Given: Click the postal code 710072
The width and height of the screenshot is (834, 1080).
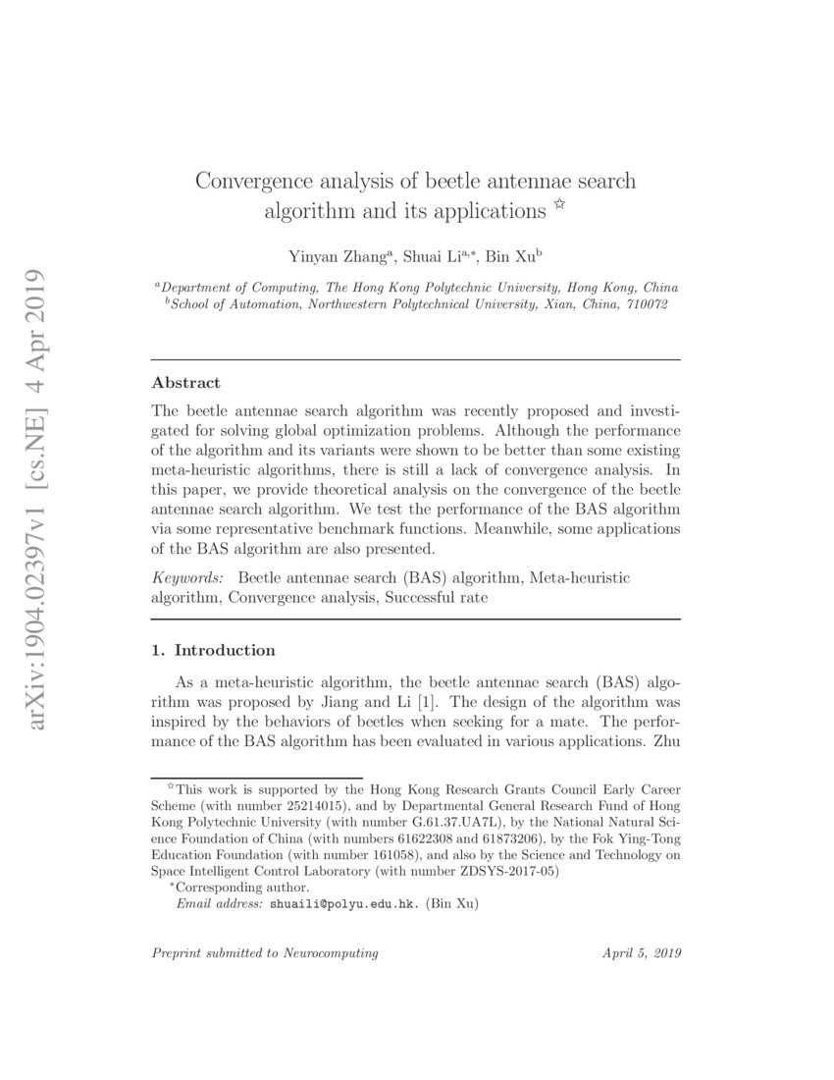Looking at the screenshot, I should click(x=644, y=304).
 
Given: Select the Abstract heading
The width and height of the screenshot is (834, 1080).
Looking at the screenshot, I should click(x=186, y=383).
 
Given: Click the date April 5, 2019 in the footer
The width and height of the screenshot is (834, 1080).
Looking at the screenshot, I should click(x=642, y=953).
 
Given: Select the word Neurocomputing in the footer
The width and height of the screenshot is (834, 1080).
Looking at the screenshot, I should click(x=333, y=953).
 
